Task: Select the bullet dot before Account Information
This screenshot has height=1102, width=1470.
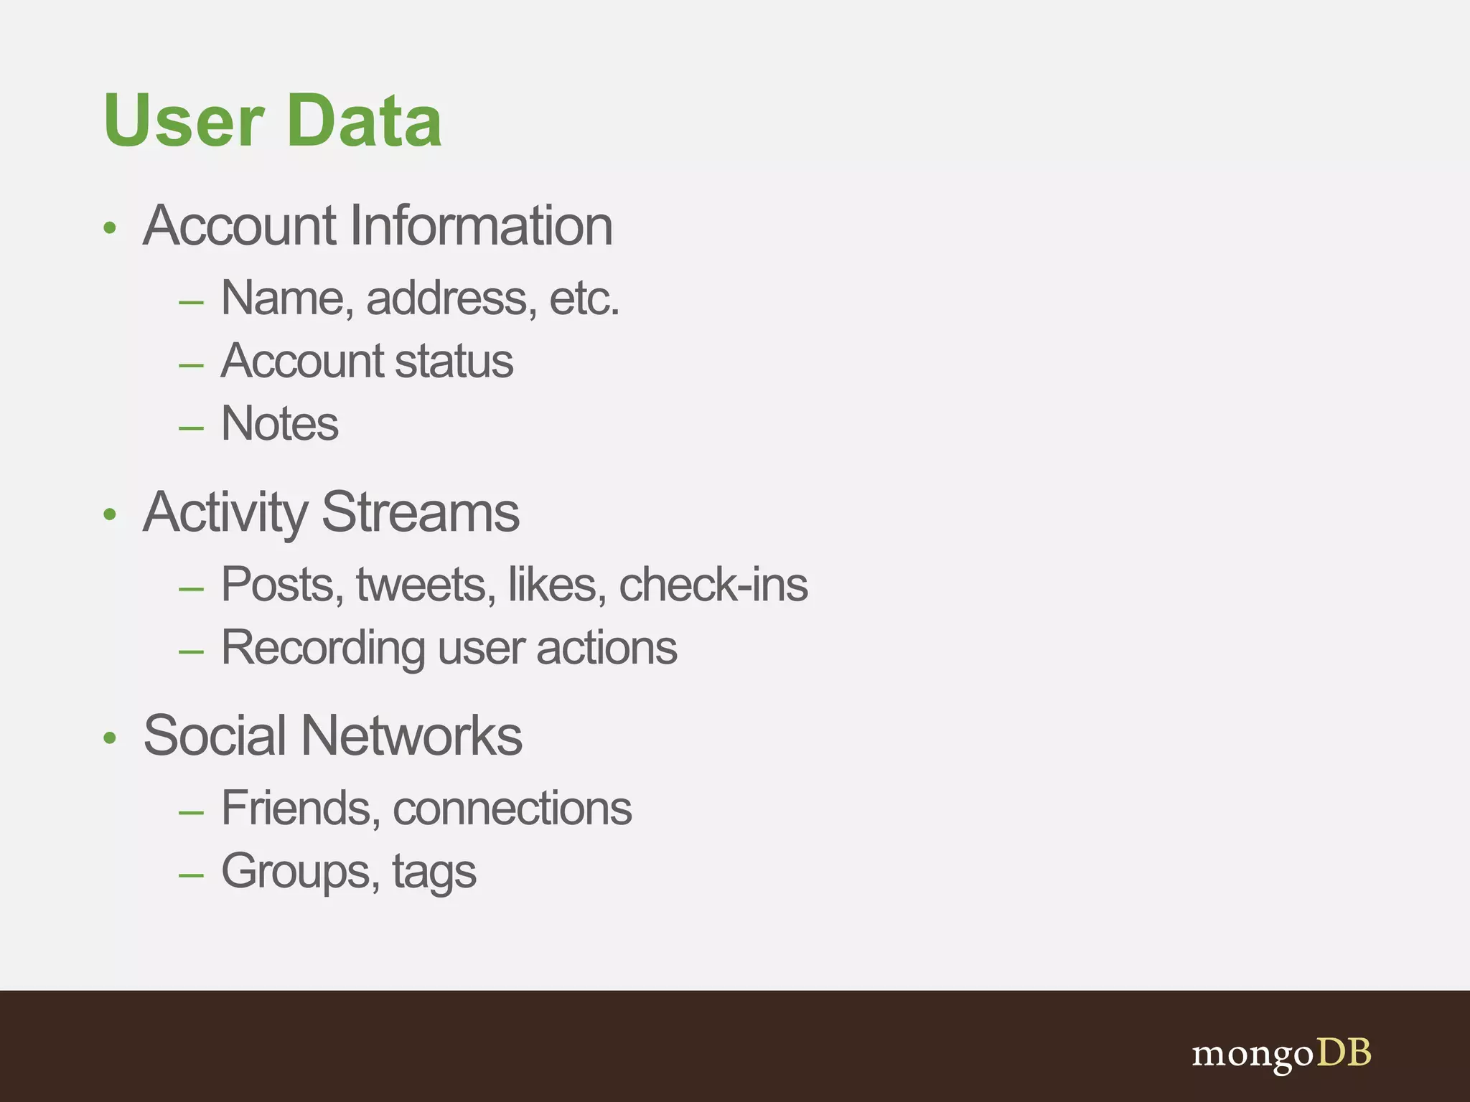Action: pos(110,228)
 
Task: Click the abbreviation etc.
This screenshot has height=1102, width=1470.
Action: pos(584,299)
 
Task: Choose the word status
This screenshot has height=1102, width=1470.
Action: pos(454,361)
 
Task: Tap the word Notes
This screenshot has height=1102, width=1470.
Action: pos(280,423)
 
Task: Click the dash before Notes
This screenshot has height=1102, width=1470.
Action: pos(191,428)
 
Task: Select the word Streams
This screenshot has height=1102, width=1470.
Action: pos(421,513)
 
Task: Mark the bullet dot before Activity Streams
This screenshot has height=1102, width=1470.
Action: pos(110,514)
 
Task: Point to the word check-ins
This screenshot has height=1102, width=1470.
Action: pos(713,585)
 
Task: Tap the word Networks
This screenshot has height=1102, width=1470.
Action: pos(411,736)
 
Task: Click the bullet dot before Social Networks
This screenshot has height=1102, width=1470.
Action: pos(110,738)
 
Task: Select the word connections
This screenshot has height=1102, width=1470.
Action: pos(512,809)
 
